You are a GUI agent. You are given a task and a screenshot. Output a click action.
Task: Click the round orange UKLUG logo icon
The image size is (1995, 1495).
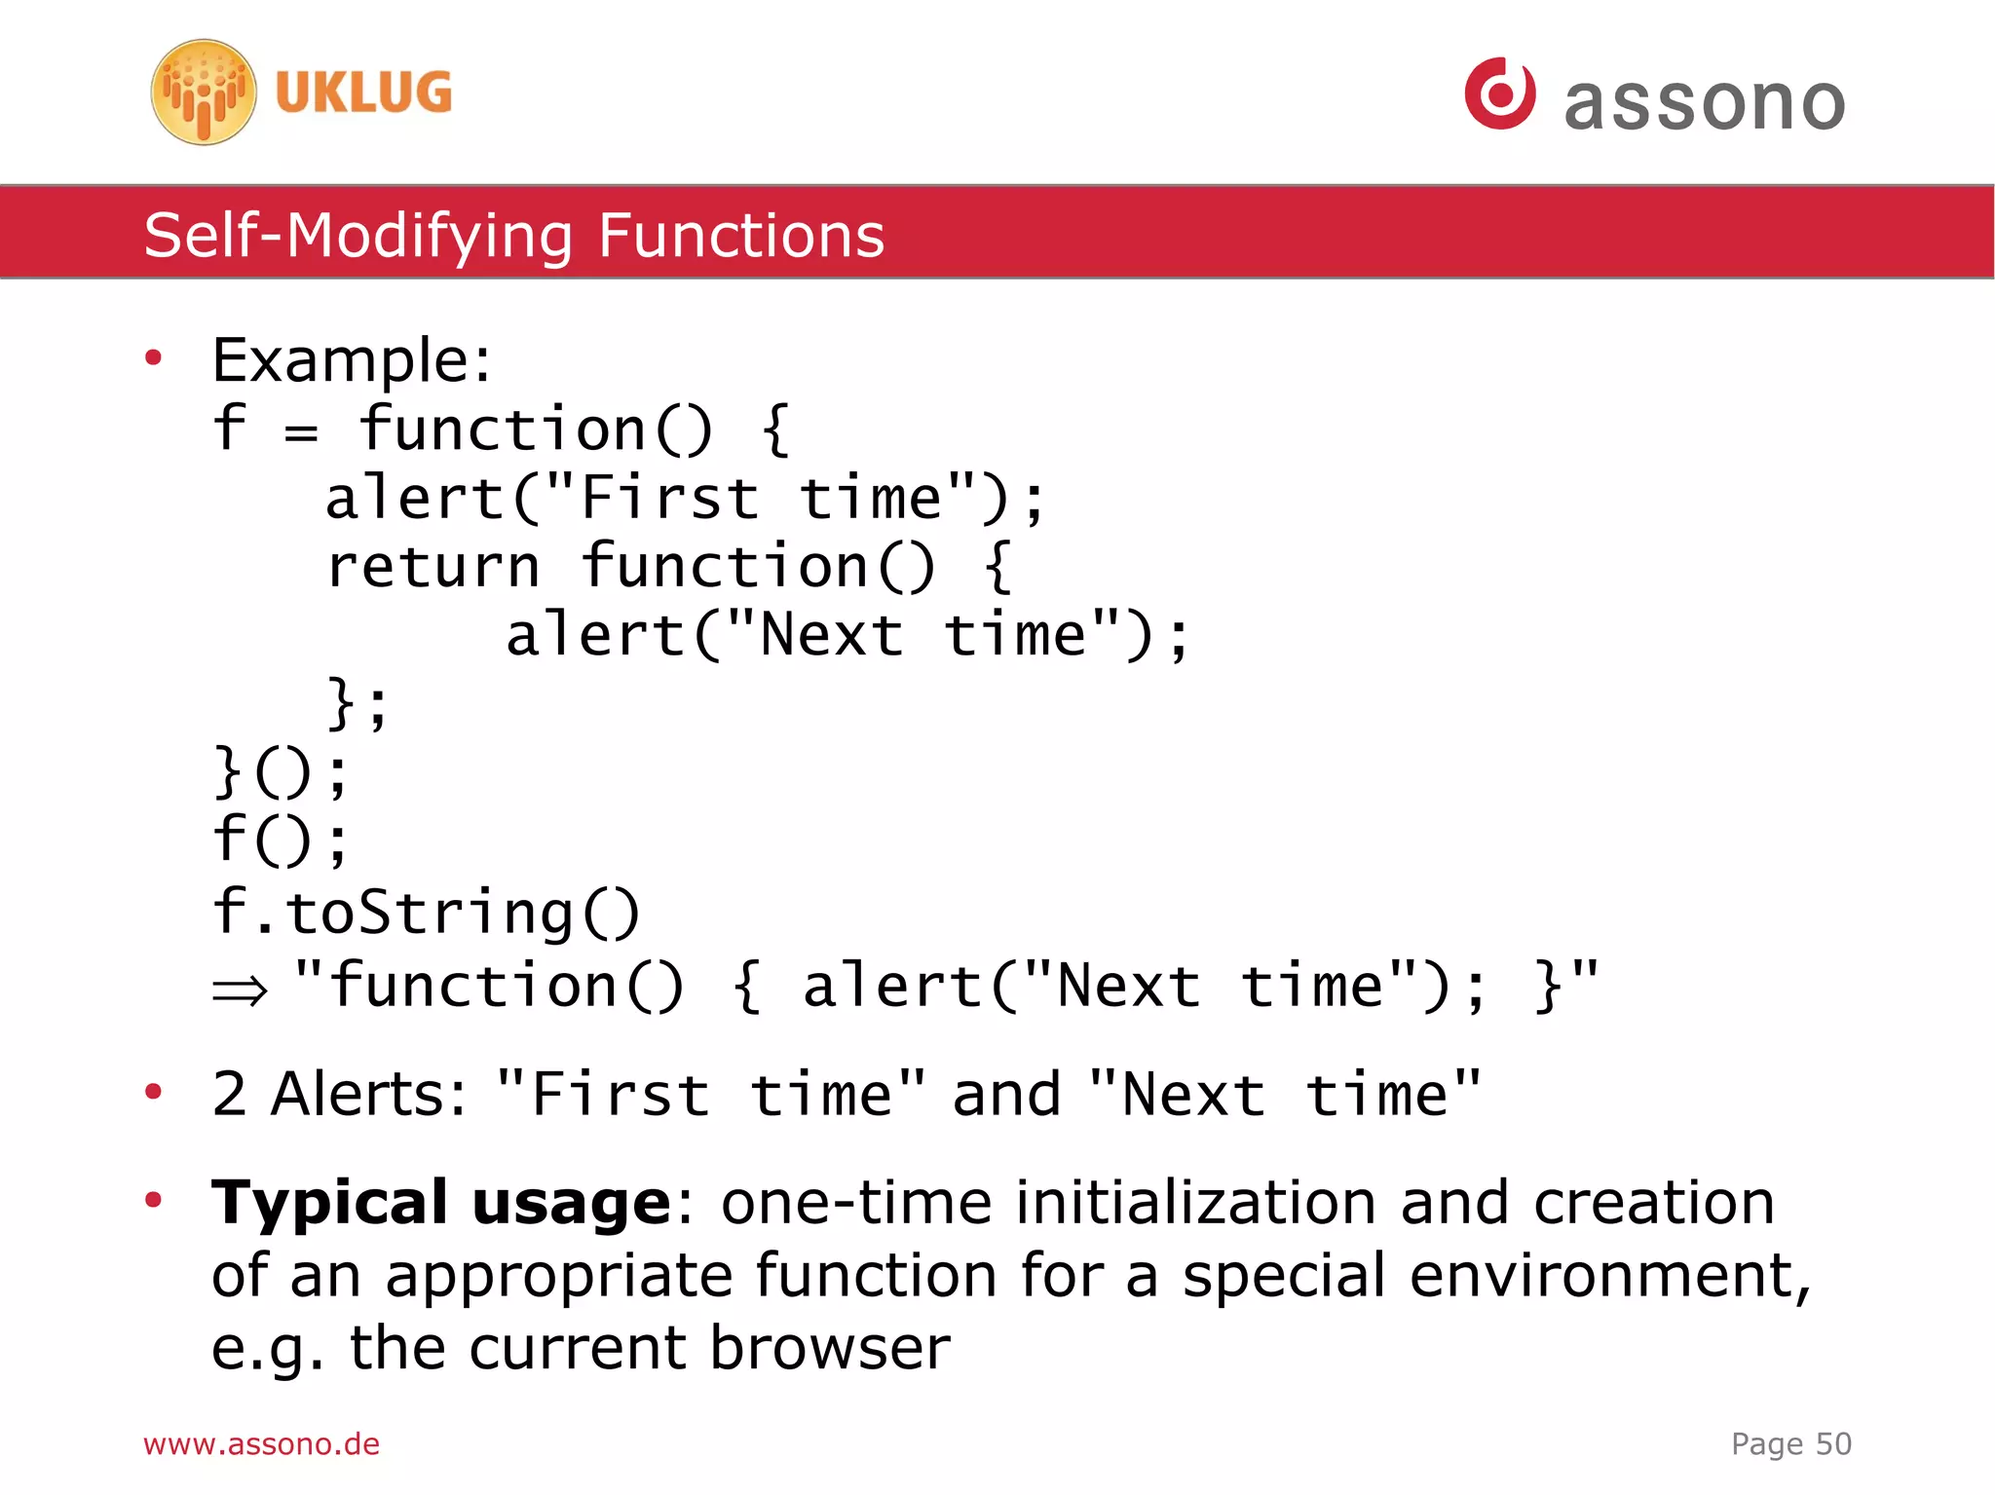[x=204, y=93]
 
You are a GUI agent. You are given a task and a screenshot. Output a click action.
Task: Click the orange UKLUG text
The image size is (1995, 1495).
[x=363, y=93]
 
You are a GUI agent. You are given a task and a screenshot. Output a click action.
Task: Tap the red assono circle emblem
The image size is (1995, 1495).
[x=1499, y=93]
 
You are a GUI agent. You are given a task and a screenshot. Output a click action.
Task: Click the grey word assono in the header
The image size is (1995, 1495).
[x=1704, y=102]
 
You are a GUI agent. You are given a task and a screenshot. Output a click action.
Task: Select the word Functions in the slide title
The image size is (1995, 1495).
[x=740, y=236]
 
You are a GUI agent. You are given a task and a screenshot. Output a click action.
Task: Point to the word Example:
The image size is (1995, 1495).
[x=352, y=360]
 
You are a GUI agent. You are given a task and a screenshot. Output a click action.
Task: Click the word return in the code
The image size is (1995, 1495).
[x=433, y=567]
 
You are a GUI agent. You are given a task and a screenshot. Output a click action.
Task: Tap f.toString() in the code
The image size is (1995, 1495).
[x=426, y=913]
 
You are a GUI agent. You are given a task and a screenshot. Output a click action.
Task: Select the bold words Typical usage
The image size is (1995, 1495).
[x=440, y=1202]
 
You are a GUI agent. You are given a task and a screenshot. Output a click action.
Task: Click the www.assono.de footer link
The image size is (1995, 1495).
[x=261, y=1443]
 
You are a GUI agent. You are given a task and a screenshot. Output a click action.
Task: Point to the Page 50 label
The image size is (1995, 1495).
[x=1790, y=1443]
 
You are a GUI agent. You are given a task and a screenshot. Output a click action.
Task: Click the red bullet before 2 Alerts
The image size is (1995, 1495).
[x=153, y=1092]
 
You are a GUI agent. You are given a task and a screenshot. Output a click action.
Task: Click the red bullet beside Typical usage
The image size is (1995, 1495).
[x=153, y=1199]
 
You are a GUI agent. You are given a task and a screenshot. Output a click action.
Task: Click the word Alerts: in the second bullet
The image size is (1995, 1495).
[x=369, y=1094]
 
